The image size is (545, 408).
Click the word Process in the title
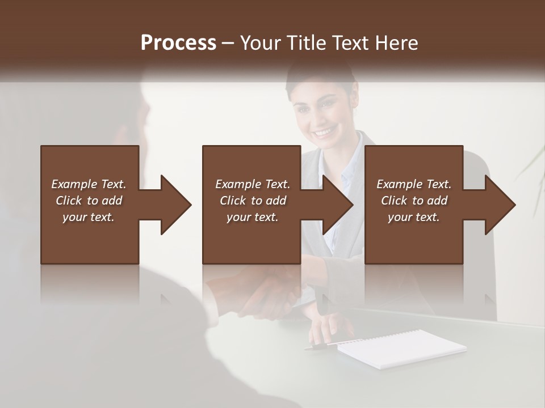(178, 42)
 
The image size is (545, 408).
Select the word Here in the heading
(396, 42)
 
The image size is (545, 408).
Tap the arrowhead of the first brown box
(176, 205)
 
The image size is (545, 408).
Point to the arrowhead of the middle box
(338, 205)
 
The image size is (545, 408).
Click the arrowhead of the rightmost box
(501, 205)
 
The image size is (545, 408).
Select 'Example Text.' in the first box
(89, 184)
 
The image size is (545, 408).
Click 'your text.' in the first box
(89, 217)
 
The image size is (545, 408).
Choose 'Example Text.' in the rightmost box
(414, 184)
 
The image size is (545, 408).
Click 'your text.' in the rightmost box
(414, 217)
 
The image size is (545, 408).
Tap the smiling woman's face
(321, 113)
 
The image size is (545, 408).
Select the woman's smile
(323, 133)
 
